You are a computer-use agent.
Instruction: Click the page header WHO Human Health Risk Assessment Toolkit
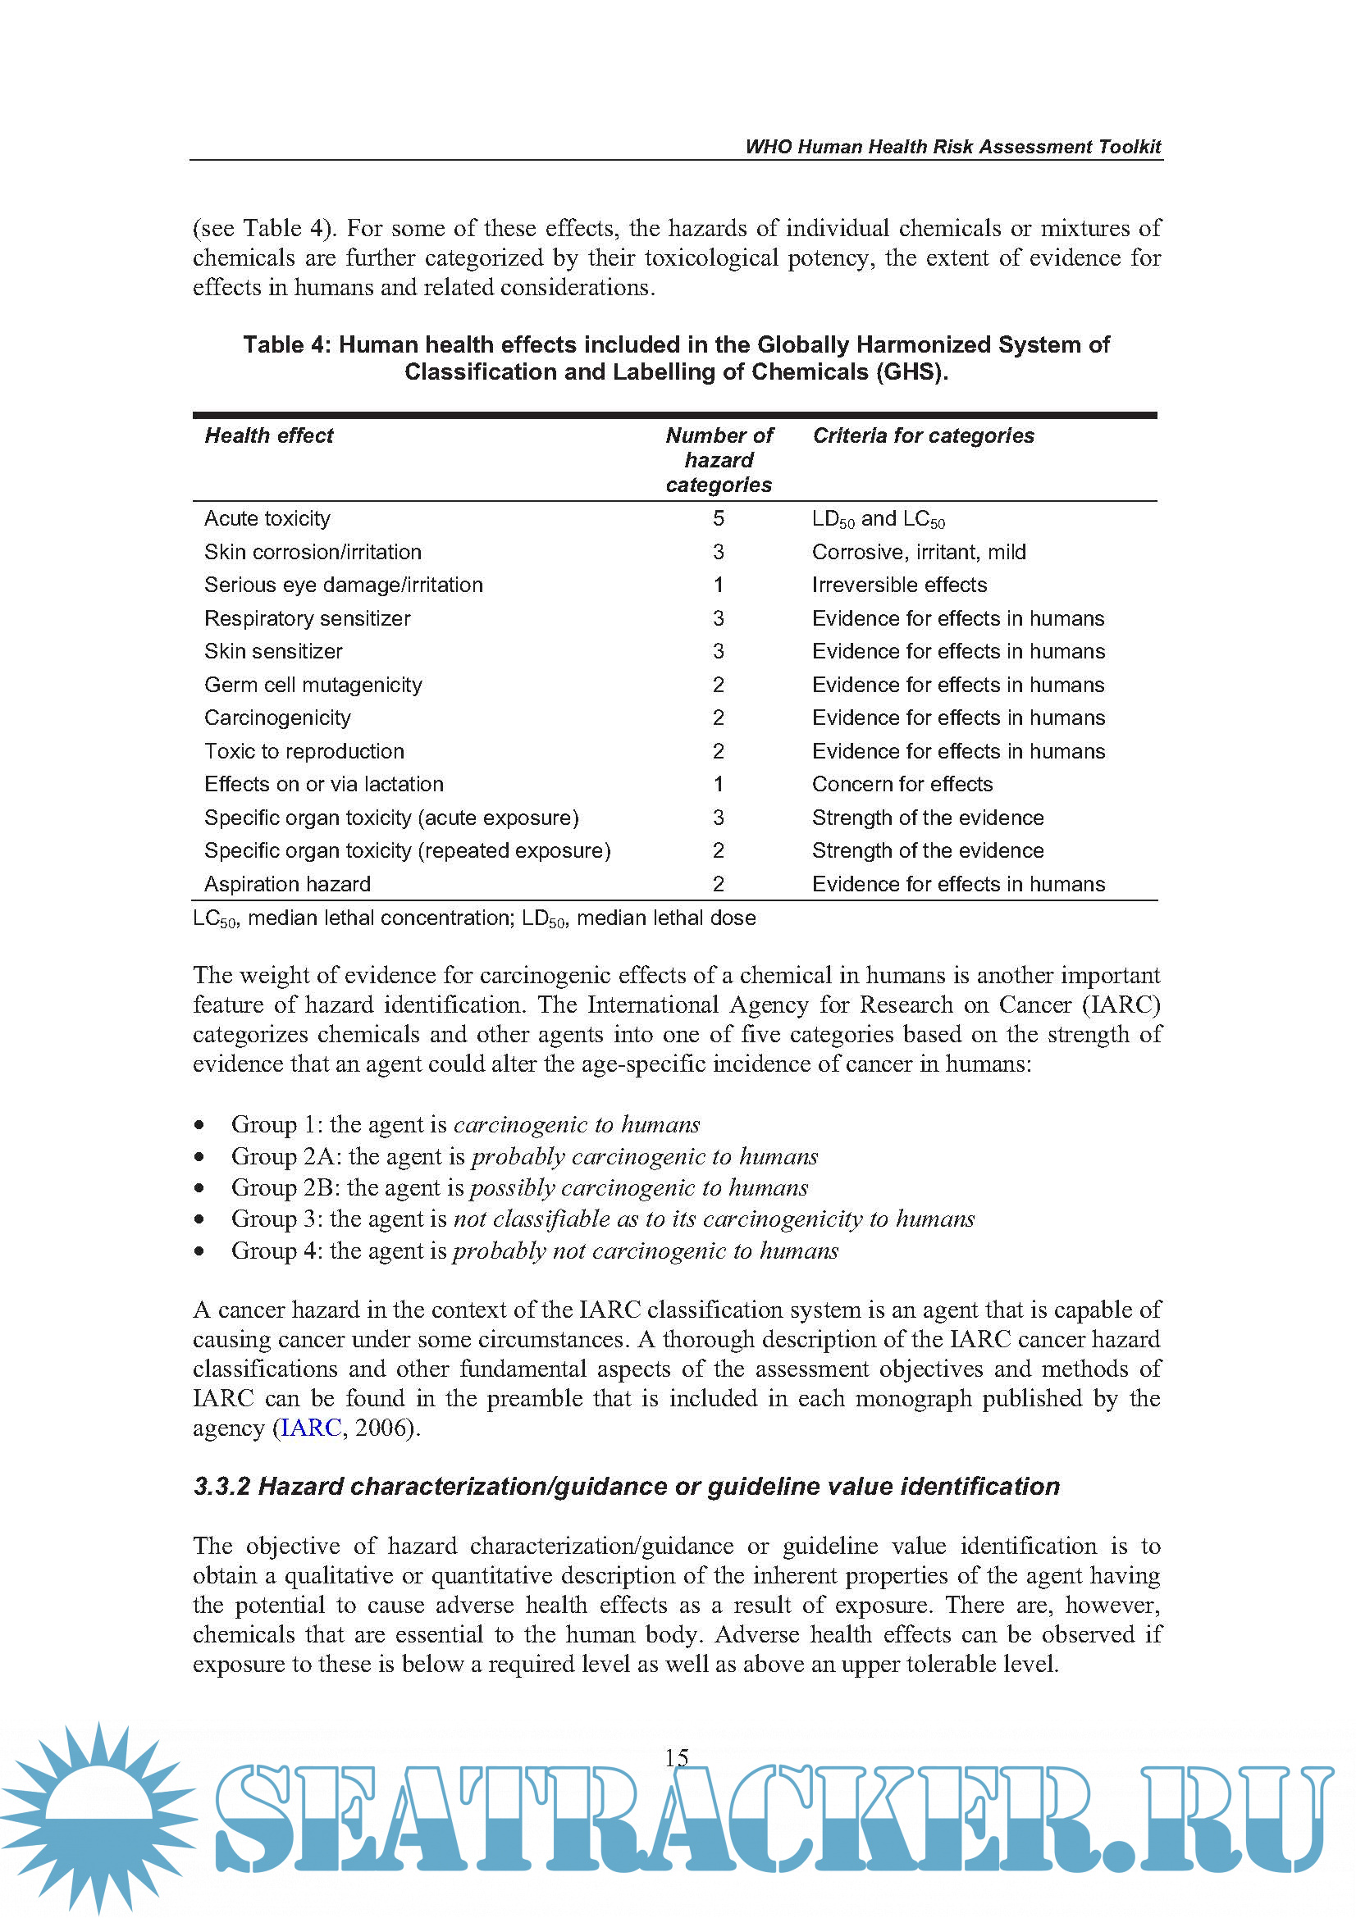click(952, 147)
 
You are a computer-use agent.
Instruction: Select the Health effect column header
click(268, 435)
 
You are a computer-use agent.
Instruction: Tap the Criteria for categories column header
click(922, 435)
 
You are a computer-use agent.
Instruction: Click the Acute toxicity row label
click(267, 519)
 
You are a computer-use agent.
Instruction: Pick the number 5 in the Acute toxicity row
click(719, 519)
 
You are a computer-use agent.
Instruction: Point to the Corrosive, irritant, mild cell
click(918, 552)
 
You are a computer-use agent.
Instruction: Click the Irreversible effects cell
click(899, 585)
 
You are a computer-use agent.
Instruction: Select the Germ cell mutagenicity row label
click(313, 685)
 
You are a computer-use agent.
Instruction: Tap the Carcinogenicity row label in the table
click(277, 718)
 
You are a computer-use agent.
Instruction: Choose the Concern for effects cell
click(902, 785)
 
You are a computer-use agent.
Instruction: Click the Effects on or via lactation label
click(324, 785)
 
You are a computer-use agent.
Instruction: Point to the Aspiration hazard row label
click(287, 884)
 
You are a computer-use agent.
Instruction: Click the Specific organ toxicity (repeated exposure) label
click(408, 850)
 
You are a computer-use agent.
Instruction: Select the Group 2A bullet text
click(524, 1156)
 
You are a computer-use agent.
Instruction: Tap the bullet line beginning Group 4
click(534, 1251)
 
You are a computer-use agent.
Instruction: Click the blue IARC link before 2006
click(311, 1428)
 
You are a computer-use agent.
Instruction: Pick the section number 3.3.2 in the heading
click(222, 1486)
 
